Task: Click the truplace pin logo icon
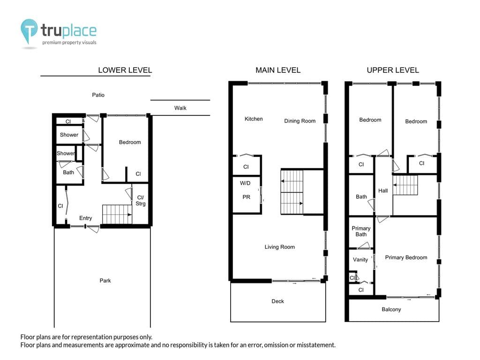click(x=29, y=30)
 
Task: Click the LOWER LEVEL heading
click(x=125, y=70)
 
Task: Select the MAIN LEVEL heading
click(x=278, y=70)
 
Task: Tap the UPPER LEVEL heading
click(x=393, y=70)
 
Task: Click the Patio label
click(x=98, y=95)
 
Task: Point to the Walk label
click(x=180, y=108)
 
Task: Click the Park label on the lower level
click(x=105, y=280)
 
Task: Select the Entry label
click(x=85, y=218)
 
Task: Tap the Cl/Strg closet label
click(x=141, y=201)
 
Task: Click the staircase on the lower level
click(x=117, y=214)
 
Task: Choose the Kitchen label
click(x=254, y=119)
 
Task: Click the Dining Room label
click(x=300, y=121)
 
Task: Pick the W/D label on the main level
click(x=245, y=183)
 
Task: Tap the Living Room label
click(x=279, y=247)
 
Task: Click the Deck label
click(x=277, y=301)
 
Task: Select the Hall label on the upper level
click(x=383, y=191)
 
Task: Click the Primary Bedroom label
click(x=406, y=257)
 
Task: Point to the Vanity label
click(x=360, y=260)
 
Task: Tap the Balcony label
click(x=391, y=309)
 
